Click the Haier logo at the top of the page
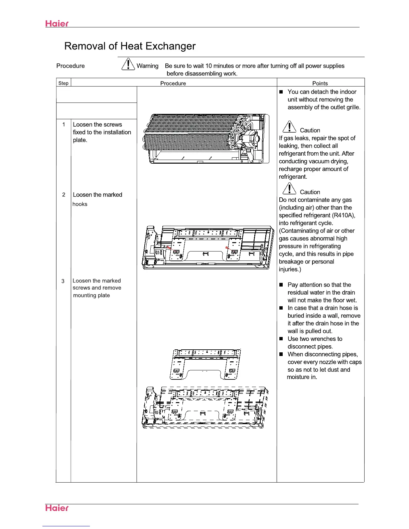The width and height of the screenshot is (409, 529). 57,23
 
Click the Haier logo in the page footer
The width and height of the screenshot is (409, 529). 57,508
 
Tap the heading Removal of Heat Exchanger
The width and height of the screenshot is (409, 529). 130,46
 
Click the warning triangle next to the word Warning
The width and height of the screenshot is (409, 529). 128,64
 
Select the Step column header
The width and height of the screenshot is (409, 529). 63,83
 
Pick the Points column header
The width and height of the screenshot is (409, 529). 320,83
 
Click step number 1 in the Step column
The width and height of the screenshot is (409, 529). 63,125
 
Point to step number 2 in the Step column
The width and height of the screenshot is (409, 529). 63,195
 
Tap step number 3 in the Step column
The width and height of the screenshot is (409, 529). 63,281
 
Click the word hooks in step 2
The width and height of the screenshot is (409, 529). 80,204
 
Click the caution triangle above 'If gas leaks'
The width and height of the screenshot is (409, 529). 289,127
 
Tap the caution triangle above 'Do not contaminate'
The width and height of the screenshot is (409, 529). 289,189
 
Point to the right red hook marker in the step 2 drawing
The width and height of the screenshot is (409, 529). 227,247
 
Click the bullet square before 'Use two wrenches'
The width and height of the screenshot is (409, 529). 281,339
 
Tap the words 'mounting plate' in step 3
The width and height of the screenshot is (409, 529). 92,295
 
